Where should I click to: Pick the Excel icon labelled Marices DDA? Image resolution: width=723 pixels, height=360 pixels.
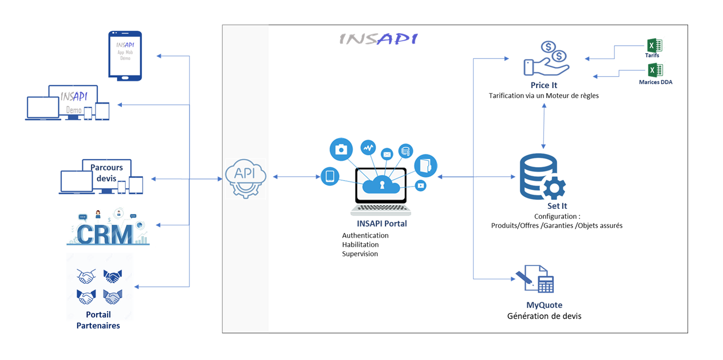(655, 70)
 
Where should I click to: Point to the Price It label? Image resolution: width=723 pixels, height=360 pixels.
(543, 85)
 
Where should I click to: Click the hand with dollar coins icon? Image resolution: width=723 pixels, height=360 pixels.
(546, 58)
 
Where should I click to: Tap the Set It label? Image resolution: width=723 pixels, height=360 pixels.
(557, 206)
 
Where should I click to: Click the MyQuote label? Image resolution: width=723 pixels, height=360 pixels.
(544, 305)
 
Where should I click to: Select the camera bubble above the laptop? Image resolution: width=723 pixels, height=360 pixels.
(341, 149)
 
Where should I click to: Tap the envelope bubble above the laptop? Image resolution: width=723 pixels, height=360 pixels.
(387, 153)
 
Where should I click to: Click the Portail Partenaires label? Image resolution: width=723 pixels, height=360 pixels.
(98, 320)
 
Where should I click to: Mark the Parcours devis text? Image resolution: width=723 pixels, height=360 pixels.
(106, 173)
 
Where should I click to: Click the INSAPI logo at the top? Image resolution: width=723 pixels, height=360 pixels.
(378, 39)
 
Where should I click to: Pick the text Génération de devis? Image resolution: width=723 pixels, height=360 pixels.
(544, 316)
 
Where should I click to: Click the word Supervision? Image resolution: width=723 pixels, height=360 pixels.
(360, 254)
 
